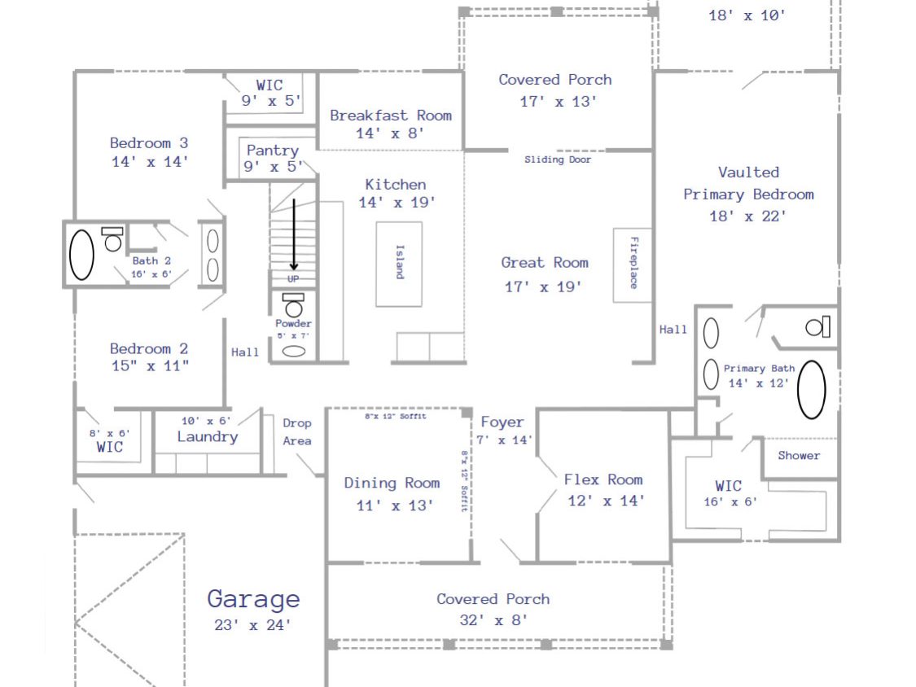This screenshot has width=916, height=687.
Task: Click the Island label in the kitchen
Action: click(x=400, y=262)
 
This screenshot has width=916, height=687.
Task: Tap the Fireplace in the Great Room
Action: click(x=633, y=265)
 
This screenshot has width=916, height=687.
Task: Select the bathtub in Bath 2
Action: click(x=81, y=255)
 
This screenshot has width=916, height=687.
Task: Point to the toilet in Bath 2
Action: click(x=112, y=239)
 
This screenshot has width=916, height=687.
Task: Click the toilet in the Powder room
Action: click(x=293, y=304)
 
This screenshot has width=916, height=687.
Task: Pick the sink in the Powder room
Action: click(x=294, y=351)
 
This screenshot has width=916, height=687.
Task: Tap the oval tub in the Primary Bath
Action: click(x=812, y=390)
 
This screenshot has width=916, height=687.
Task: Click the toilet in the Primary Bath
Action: click(x=817, y=326)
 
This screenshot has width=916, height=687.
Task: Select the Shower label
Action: click(x=799, y=456)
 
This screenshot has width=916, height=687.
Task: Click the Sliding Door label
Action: click(x=557, y=160)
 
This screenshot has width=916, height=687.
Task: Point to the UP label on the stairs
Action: click(x=293, y=279)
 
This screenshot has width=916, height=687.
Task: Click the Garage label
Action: click(x=253, y=600)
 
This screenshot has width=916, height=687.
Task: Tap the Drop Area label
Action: click(x=296, y=431)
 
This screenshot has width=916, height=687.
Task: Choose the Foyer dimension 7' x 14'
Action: click(x=504, y=440)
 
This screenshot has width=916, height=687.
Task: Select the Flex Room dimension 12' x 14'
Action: click(x=607, y=501)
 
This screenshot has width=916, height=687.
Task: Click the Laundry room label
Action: click(x=208, y=437)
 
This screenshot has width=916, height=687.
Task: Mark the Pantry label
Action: click(x=272, y=151)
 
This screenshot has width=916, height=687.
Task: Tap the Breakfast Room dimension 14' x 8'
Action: click(x=390, y=133)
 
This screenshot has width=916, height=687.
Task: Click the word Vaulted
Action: click(x=748, y=173)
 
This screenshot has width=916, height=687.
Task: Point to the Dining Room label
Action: click(x=392, y=484)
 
